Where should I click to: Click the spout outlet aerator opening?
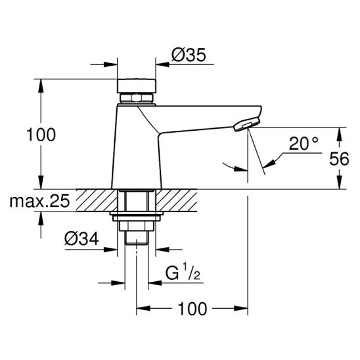click(x=246, y=125)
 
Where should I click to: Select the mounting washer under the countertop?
click(x=136, y=215)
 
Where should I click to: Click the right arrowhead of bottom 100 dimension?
click(x=242, y=307)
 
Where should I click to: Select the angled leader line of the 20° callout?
click(x=273, y=162)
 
